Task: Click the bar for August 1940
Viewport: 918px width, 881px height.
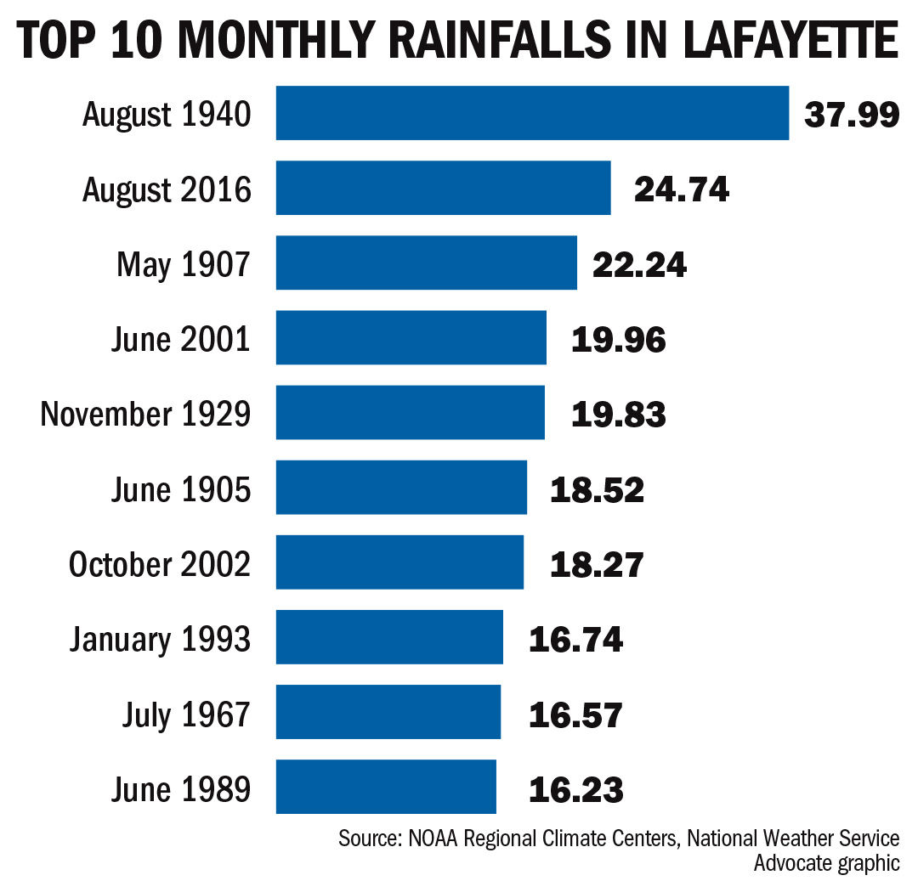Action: [532, 113]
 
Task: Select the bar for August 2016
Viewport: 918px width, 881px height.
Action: [443, 188]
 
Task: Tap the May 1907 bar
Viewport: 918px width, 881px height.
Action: [426, 263]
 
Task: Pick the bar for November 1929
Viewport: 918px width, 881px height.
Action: [410, 413]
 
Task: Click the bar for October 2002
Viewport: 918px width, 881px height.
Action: [399, 562]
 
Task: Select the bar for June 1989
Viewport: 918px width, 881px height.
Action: [386, 788]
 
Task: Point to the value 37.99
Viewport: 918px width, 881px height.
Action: [851, 114]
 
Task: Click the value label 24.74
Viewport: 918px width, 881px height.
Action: [681, 189]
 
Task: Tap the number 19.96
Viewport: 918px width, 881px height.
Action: [618, 339]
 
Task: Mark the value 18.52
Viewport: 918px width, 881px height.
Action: [597, 489]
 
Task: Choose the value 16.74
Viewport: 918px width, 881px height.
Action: [575, 638]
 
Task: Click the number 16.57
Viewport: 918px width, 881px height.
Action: [575, 714]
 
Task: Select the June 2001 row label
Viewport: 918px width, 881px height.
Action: [180, 339]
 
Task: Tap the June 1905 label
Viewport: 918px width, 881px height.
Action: [180, 489]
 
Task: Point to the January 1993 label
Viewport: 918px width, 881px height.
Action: [160, 638]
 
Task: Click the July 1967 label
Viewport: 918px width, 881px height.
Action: [185, 714]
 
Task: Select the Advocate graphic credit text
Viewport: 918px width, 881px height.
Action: [825, 863]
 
